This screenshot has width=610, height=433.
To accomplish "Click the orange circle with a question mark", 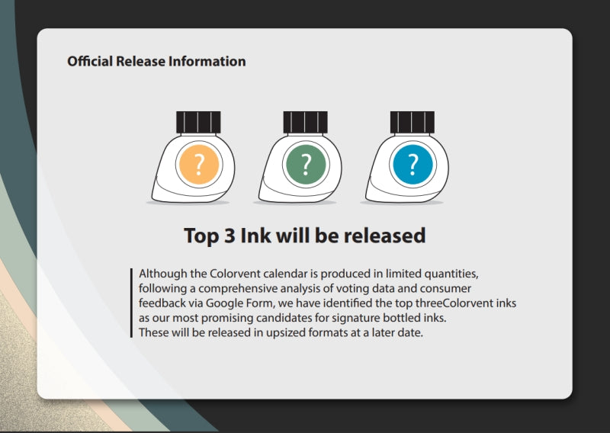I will point(199,163).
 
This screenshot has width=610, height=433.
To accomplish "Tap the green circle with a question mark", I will point(306,163).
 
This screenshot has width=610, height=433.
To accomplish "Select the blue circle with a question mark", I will point(413,163).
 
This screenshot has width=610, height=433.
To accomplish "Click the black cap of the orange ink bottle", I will point(198,122).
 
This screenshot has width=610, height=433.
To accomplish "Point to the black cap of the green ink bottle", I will point(305,122).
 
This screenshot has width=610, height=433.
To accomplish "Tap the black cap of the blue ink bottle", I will point(412,122).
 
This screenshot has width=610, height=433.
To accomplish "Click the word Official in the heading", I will point(90,62).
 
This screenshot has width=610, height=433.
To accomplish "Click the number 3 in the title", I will point(228,236).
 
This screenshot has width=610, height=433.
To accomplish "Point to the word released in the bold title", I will point(384,236).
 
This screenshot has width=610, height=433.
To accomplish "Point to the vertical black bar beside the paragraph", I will point(133,303).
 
